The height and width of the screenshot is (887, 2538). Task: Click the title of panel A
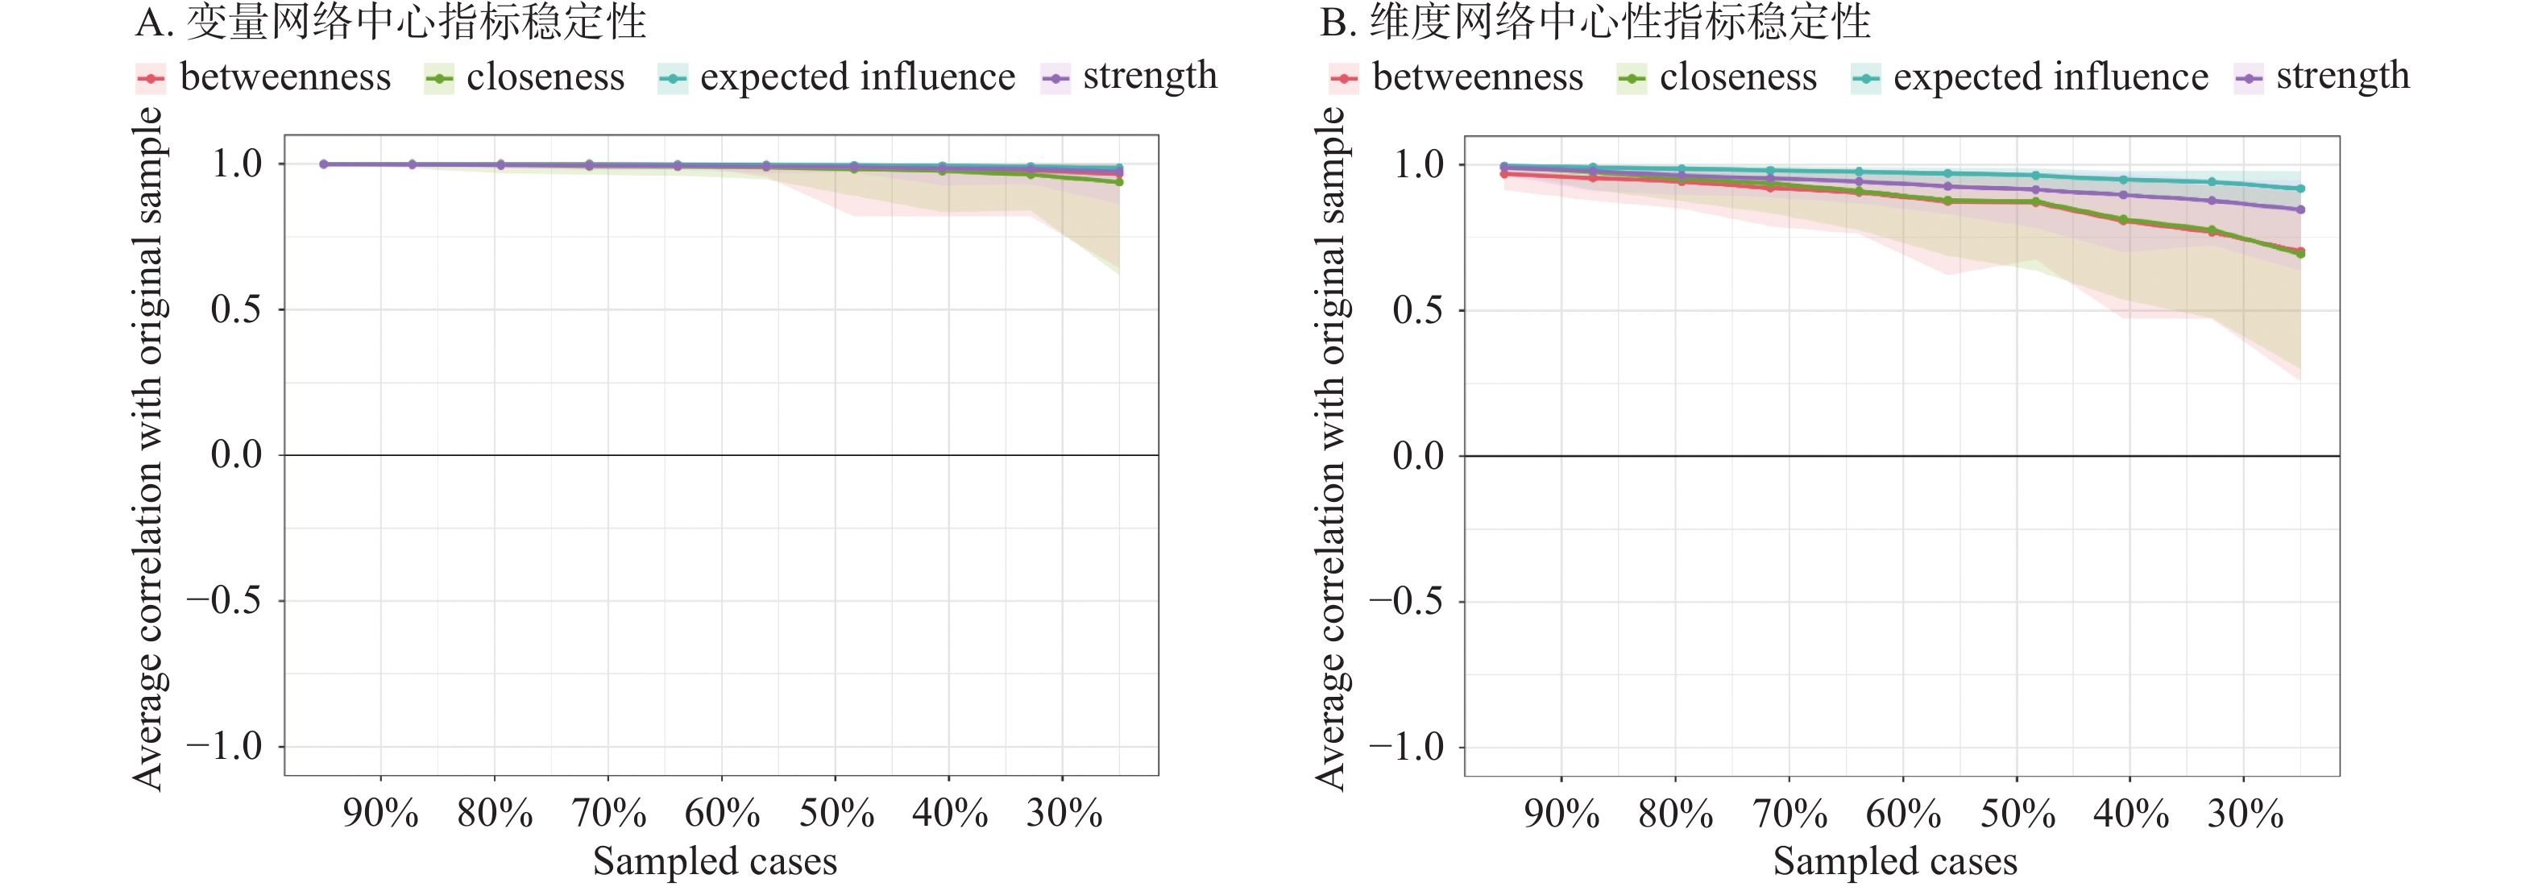(x=390, y=22)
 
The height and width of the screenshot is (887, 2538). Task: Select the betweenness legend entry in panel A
(x=264, y=77)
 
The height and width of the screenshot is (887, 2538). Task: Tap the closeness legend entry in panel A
(x=525, y=77)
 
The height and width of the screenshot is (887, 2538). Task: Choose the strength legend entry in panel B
(x=2322, y=77)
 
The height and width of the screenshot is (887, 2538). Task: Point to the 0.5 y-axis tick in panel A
(x=236, y=309)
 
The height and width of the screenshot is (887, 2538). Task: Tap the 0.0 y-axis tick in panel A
(x=236, y=454)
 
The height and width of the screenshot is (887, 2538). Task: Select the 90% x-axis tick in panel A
(x=380, y=813)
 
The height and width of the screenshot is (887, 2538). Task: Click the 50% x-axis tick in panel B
(x=2017, y=813)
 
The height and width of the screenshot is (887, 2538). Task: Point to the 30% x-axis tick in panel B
(x=2245, y=813)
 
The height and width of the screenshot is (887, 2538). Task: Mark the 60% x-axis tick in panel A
(x=722, y=813)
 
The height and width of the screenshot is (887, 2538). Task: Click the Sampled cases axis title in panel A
(x=715, y=861)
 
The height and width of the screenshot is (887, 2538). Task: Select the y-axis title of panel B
(x=1330, y=449)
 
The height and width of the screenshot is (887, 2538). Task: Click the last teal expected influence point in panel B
(x=2300, y=189)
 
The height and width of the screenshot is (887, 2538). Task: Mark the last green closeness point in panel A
(x=1119, y=181)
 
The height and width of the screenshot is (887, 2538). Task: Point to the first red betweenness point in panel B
(x=1503, y=173)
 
